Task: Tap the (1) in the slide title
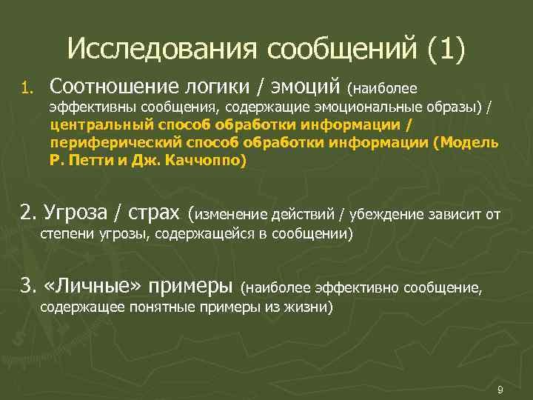point(446,50)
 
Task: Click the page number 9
point(500,390)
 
